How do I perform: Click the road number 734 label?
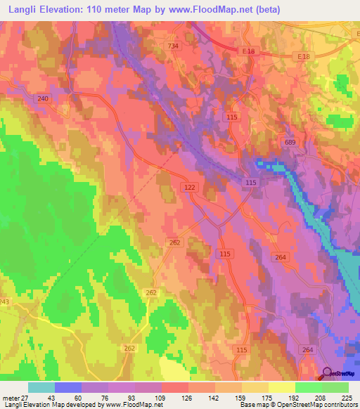tap(173, 46)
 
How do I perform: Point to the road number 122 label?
tap(189, 188)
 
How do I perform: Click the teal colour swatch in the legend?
tap(41, 387)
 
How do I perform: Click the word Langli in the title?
tap(18, 9)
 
